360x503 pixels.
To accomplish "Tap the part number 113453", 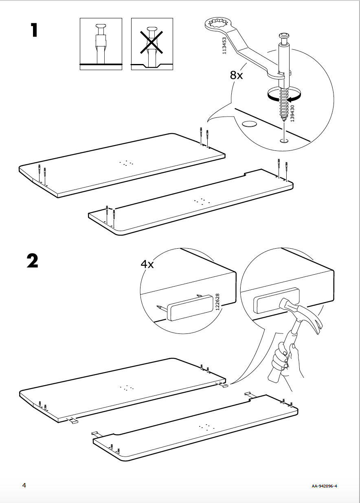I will tap(224, 46).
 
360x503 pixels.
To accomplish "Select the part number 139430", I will tap(292, 113).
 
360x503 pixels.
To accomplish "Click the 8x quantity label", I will tap(236, 75).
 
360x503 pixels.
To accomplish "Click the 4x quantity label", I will tap(147, 264).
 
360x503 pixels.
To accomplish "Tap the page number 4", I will tap(24, 485).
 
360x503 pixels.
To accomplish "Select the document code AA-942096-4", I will tap(325, 486).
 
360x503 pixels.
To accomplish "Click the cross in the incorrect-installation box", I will tap(151, 41).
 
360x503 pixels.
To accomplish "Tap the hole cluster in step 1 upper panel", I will tap(127, 163).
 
